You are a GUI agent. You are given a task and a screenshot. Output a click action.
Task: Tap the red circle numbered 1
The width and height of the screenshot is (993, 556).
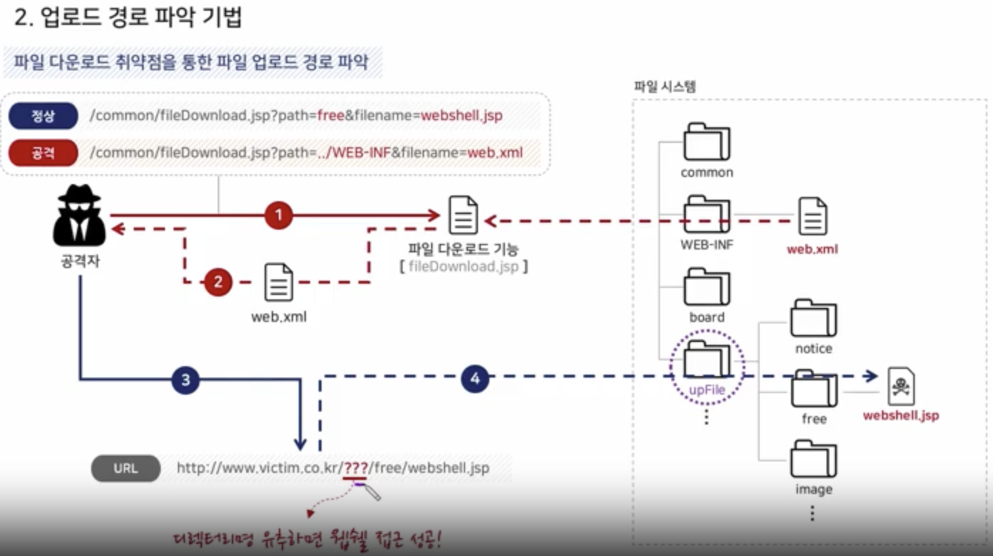tap(279, 215)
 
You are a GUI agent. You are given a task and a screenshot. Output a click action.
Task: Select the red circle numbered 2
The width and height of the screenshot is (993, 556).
tap(218, 282)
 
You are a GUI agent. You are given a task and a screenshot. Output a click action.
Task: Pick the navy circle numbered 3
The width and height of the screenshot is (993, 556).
tap(186, 380)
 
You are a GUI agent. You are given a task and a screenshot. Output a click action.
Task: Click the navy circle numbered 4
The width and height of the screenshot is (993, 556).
tap(475, 379)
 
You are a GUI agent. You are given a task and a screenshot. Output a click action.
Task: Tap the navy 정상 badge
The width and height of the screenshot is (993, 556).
tap(43, 115)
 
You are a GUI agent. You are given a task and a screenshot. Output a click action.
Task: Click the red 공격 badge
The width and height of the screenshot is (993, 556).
tap(43, 153)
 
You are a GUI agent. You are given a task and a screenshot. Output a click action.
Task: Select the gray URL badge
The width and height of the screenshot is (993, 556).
tap(126, 469)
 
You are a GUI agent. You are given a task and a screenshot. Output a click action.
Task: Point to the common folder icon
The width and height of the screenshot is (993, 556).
tap(706, 142)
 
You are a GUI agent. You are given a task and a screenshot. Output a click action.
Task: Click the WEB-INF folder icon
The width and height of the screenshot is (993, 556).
tap(706, 215)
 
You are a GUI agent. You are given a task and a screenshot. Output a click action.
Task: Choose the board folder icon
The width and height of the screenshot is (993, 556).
tap(706, 287)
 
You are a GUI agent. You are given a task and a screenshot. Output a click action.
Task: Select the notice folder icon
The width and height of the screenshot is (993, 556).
tap(813, 319)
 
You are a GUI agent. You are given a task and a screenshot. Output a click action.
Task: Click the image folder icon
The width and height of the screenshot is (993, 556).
tap(813, 459)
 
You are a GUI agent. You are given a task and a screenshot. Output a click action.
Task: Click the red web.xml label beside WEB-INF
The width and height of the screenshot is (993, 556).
tap(812, 250)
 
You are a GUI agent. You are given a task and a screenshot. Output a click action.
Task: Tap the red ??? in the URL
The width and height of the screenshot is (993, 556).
tap(355, 469)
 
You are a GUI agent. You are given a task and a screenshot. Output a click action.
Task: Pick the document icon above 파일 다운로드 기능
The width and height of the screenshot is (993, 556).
tap(463, 215)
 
